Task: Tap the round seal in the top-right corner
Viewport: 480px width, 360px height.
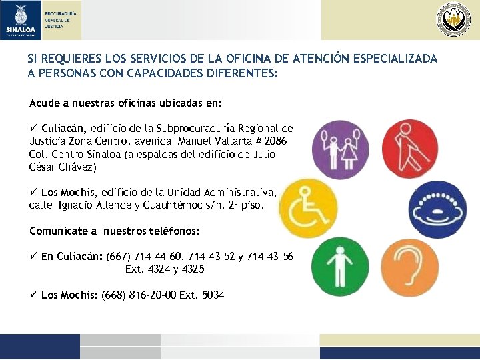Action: pos(453,19)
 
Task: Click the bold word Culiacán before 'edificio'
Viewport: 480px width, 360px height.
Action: pos(64,128)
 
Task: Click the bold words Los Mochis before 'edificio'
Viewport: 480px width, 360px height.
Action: pos(69,192)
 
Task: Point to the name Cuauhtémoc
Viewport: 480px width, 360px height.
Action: pos(179,205)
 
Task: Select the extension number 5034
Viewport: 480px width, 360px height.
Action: pos(211,294)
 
